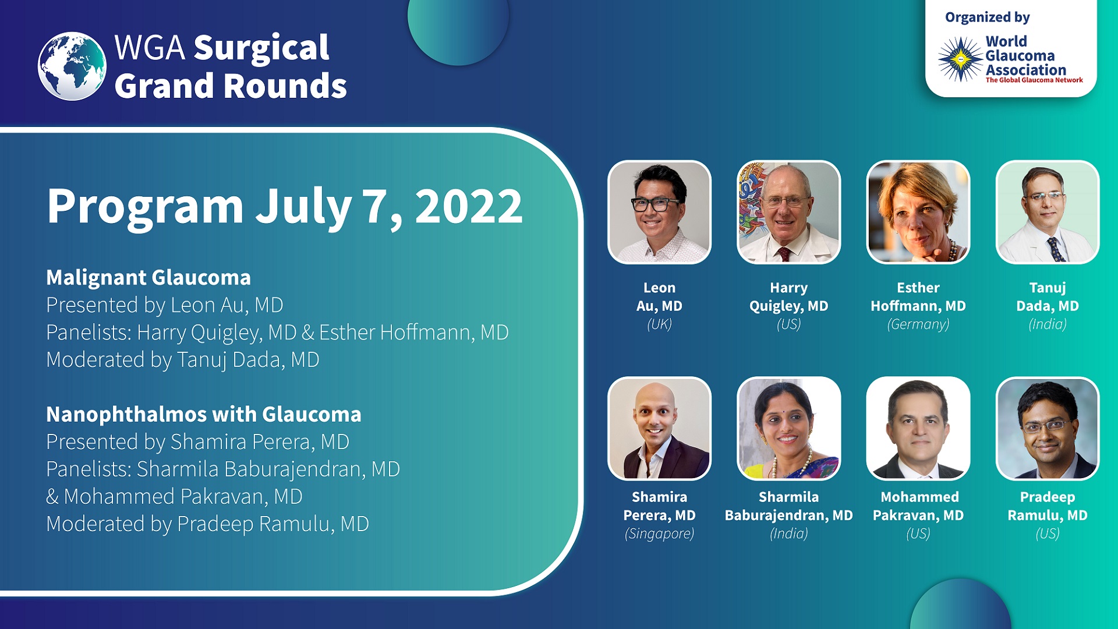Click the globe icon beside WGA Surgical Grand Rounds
(72, 66)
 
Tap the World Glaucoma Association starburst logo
(960, 59)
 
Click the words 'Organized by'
(987, 17)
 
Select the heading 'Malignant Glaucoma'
(148, 278)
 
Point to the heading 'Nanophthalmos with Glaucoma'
(204, 415)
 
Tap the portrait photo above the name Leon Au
(659, 212)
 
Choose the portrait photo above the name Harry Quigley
(788, 212)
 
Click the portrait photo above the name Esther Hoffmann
(918, 212)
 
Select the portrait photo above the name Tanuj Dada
(1048, 212)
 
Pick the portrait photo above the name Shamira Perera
(659, 429)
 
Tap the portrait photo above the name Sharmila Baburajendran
(788, 429)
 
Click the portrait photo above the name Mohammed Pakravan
(918, 429)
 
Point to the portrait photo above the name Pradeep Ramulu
(1048, 429)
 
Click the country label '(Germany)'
(918, 324)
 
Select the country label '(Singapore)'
(659, 533)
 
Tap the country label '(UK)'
(659, 324)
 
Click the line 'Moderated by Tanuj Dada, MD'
(183, 360)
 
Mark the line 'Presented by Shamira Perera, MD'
(197, 442)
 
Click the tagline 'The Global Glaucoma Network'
(1034, 80)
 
